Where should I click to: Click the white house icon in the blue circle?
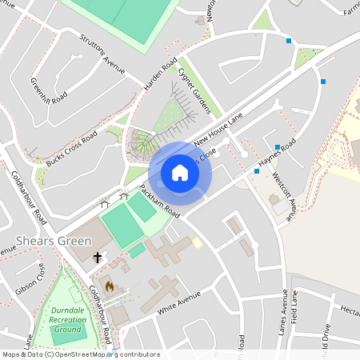tap(180, 173)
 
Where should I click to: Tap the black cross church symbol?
tap(98, 258)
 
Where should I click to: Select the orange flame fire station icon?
tap(110, 283)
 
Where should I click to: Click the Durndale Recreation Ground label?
tap(67, 320)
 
